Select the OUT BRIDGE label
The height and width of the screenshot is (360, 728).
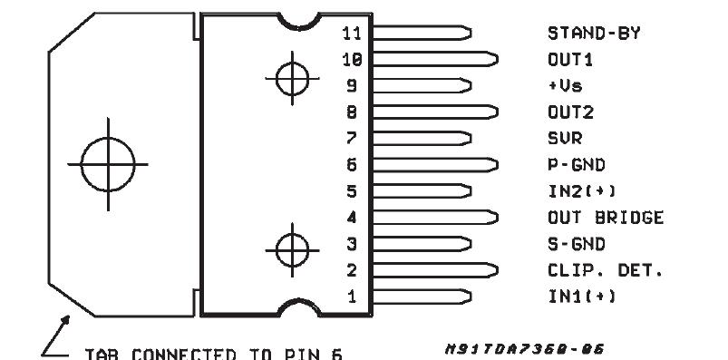pyautogui.click(x=606, y=219)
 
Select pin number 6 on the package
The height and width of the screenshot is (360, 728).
pyautogui.click(x=353, y=166)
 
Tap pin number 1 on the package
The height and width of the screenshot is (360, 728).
pyautogui.click(x=353, y=297)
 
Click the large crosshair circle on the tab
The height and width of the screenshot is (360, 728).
pyautogui.click(x=108, y=166)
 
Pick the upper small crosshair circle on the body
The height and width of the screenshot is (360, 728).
pyautogui.click(x=291, y=76)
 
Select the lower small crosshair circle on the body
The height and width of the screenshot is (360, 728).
pyautogui.click(x=291, y=246)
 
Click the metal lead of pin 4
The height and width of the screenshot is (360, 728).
pyautogui.click(x=435, y=218)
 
